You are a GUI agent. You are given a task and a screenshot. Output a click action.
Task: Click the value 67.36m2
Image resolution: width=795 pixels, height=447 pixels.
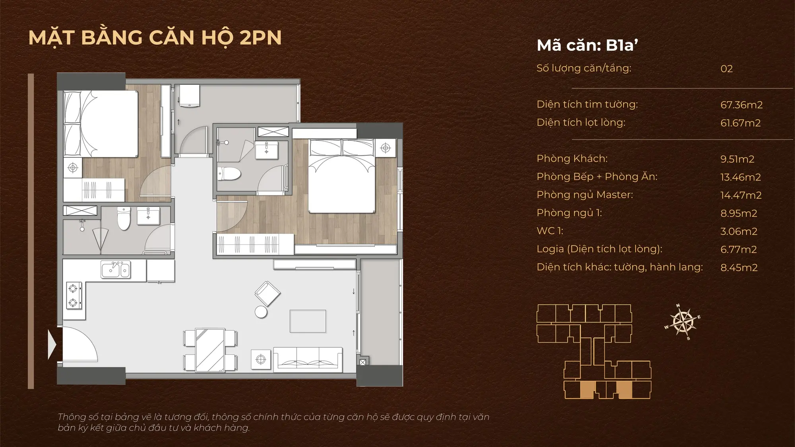(741, 105)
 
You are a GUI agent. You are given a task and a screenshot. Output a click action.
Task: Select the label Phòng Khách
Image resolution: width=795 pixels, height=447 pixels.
(572, 159)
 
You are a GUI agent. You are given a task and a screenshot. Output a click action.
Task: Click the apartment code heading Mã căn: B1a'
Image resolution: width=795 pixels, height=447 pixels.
(587, 45)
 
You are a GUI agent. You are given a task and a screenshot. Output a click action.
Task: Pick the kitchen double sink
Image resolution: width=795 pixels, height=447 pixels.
(115, 270)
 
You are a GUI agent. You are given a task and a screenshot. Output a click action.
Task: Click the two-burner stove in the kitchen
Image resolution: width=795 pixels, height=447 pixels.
(74, 295)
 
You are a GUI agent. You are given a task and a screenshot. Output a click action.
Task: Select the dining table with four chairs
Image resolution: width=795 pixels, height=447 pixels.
(210, 350)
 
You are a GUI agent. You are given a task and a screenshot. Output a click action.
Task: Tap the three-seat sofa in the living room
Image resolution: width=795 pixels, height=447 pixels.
(308, 360)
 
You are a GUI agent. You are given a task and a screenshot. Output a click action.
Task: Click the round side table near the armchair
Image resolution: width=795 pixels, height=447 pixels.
(261, 312)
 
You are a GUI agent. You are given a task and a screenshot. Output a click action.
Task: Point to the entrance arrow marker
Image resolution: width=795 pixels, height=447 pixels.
(52, 344)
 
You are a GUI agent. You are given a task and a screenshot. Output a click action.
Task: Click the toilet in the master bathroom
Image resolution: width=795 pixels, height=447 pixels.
(229, 174)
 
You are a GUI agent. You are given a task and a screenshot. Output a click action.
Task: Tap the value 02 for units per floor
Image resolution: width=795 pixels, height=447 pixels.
(727, 69)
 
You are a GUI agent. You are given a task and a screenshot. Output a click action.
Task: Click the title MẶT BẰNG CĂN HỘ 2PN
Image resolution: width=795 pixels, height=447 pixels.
(155, 37)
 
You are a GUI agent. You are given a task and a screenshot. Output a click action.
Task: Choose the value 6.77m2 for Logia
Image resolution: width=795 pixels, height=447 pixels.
(739, 250)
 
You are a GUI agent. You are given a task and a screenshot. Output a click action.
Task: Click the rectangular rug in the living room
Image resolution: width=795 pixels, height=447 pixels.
(308, 321)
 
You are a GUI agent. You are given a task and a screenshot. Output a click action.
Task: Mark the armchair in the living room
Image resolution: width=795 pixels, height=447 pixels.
(268, 294)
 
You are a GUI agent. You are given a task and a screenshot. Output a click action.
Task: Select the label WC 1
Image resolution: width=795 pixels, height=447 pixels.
(550, 231)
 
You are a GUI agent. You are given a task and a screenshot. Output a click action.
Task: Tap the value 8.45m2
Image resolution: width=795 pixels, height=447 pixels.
(739, 267)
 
